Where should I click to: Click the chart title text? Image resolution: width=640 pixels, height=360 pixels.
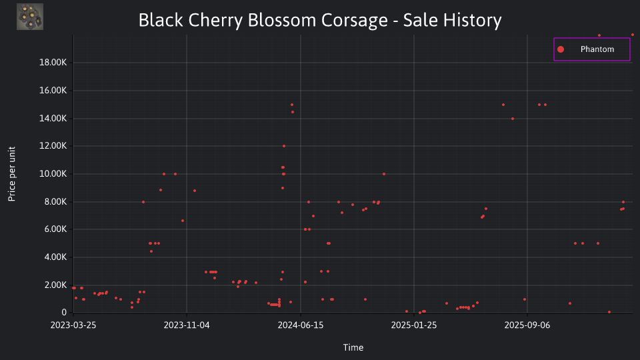[320, 20]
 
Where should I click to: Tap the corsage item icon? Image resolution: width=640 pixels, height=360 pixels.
[30, 17]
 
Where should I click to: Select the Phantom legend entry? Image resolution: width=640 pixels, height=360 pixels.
[591, 49]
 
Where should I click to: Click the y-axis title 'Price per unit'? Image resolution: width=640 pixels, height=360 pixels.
[12, 174]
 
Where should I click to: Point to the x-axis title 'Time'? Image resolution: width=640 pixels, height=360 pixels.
[353, 347]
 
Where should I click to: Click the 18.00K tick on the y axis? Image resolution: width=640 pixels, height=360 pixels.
[53, 63]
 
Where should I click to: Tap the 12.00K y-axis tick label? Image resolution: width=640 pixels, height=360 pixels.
[53, 146]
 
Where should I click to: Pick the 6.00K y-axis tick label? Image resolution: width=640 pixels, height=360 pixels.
[55, 229]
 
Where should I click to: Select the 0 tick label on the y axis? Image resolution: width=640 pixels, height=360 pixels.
[64, 312]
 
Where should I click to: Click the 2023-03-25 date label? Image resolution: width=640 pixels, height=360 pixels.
[73, 325]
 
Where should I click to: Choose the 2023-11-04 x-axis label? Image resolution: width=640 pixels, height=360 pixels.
[187, 325]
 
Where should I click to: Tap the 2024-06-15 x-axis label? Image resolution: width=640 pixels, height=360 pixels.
[301, 325]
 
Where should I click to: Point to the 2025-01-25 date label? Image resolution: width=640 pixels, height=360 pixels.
[414, 325]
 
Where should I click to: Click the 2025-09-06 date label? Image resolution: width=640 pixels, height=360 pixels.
[527, 325]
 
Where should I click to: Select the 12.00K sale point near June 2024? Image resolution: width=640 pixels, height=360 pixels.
[284, 146]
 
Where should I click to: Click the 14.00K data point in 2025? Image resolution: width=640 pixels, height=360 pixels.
[513, 119]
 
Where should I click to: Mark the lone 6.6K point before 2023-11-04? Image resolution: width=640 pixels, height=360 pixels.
[183, 221]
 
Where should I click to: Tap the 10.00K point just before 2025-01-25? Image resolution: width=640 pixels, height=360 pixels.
[384, 174]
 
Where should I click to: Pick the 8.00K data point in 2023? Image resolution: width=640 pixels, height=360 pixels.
[143, 202]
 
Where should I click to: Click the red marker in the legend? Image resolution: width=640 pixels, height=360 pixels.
[561, 49]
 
